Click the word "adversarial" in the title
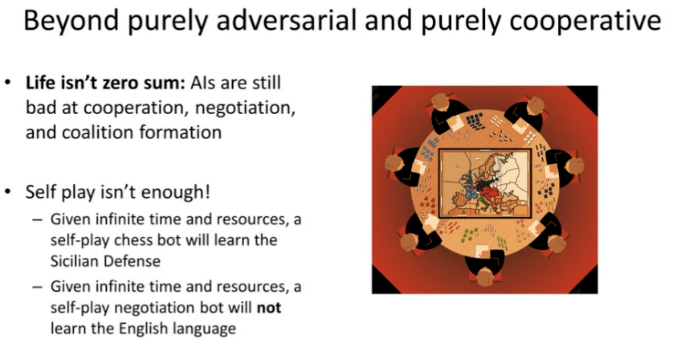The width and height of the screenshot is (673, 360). [286, 20]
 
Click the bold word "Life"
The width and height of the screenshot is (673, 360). [41, 83]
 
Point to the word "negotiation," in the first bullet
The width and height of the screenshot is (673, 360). [245, 108]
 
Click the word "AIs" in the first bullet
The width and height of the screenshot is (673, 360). [203, 83]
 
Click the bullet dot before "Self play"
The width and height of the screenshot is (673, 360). [8, 192]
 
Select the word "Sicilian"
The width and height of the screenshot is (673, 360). [77, 261]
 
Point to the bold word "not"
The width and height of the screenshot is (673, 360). [269, 308]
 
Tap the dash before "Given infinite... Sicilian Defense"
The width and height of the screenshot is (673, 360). [38, 219]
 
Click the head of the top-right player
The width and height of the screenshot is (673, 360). [535, 105]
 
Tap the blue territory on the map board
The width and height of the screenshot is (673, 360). [469, 186]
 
